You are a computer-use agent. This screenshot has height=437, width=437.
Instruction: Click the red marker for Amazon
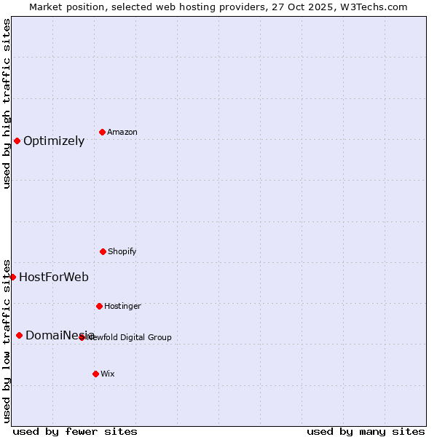102,132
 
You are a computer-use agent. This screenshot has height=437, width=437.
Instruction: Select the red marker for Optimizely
17,141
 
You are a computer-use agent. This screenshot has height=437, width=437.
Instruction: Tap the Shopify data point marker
103,251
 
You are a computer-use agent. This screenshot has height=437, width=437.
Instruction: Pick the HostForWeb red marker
12,277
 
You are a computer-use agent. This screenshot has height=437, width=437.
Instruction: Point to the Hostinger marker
99,306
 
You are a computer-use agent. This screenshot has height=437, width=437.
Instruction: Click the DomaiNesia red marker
19,335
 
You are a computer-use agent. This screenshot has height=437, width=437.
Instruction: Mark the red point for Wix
95,374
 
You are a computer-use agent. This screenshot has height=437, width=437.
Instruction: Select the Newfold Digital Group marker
82,337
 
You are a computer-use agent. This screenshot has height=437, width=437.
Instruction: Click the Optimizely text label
54,141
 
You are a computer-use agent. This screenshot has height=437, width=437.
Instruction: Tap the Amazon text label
122,133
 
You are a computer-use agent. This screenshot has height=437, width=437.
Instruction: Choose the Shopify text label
122,252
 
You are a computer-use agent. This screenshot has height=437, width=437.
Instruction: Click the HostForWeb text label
54,277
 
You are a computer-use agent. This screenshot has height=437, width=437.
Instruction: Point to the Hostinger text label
122,307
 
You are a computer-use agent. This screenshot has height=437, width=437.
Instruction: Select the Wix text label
108,374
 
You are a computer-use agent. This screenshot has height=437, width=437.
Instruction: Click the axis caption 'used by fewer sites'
75,431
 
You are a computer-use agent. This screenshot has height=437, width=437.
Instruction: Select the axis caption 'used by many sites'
366,431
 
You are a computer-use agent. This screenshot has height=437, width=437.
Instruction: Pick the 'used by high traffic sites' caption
7,103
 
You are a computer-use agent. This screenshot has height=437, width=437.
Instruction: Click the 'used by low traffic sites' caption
7,341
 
